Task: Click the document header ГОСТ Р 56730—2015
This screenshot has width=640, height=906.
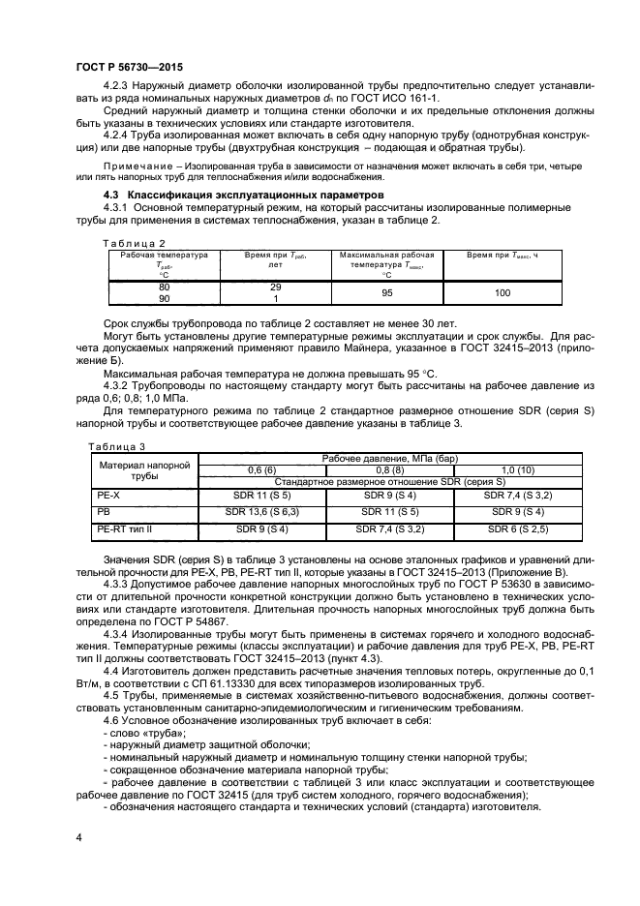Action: point(129,66)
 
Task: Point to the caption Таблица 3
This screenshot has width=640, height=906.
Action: point(115,446)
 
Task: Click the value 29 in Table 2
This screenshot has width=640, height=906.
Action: point(274,287)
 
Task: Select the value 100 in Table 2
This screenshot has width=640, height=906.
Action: point(502,293)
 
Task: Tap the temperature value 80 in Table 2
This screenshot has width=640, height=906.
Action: point(164,287)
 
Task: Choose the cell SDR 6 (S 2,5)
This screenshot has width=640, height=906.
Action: point(518,529)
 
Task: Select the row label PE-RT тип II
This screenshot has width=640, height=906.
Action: point(124,529)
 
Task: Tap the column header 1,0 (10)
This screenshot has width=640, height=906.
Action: point(518,469)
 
